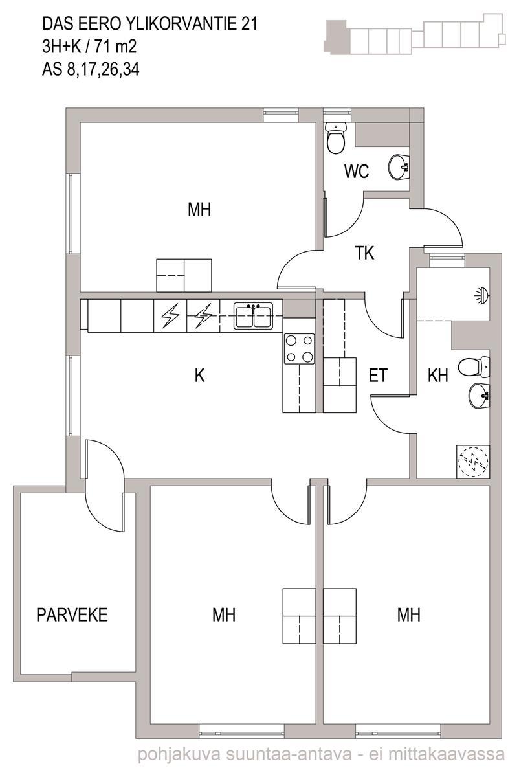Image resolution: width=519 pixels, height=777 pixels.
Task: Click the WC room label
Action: [x=357, y=172]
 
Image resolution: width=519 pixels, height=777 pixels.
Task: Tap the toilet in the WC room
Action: [x=337, y=138]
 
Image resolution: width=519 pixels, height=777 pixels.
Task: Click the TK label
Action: [x=364, y=253]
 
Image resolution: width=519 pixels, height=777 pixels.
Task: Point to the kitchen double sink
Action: [x=254, y=316]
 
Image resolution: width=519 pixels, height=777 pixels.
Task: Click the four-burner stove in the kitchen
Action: [x=300, y=349]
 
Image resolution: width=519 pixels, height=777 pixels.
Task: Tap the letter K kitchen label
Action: [x=200, y=375]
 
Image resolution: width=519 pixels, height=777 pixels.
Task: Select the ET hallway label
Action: [x=377, y=376]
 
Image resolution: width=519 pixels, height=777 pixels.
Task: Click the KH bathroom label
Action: [x=438, y=376]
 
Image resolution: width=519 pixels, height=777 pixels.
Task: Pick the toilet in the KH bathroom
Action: [x=474, y=368]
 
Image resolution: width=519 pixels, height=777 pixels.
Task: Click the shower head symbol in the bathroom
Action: [x=482, y=295]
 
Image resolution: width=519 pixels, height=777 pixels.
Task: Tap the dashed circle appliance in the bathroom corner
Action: [x=473, y=462]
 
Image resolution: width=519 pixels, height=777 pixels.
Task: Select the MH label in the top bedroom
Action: [x=199, y=210]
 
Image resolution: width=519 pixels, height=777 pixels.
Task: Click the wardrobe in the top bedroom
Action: [x=184, y=275]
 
